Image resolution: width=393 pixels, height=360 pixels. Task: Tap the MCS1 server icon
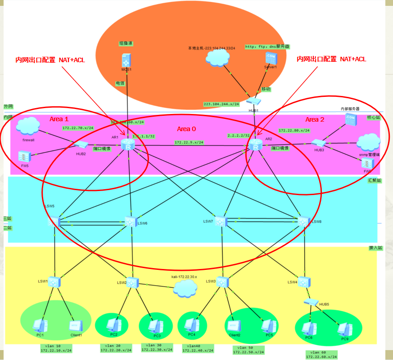[126, 60]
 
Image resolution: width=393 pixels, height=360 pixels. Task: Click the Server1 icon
[271, 59]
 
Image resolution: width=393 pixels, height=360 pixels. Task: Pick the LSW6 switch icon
[131, 222]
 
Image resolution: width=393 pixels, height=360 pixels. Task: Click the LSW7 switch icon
[221, 222]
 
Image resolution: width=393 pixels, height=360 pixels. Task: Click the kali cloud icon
[185, 288]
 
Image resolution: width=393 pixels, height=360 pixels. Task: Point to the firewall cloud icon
[27, 126]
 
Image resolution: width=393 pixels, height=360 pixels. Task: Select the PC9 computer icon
[345, 329]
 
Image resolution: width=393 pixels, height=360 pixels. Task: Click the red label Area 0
[186, 129]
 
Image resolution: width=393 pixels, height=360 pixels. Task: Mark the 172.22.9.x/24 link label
[189, 142]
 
